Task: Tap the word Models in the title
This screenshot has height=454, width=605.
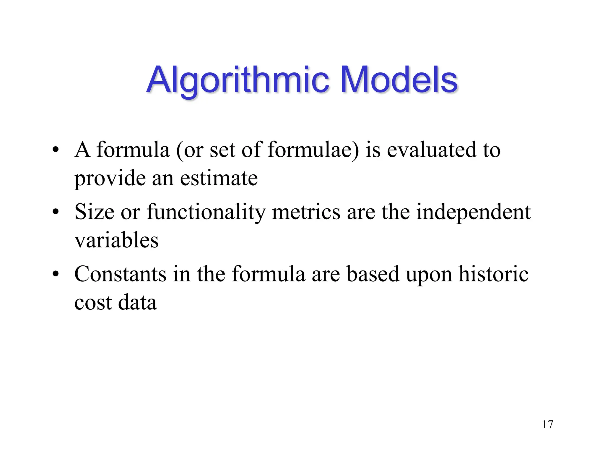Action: pyautogui.click(x=399, y=80)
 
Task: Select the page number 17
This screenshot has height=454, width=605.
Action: pyautogui.click(x=547, y=424)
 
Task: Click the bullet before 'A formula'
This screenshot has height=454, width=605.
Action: pyautogui.click(x=55, y=150)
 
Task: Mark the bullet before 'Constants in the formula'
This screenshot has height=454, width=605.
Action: pyautogui.click(x=55, y=274)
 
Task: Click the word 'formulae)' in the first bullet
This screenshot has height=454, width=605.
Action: pyautogui.click(x=313, y=150)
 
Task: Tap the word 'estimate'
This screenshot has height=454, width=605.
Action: pyautogui.click(x=219, y=178)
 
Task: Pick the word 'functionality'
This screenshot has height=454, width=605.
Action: pyautogui.click(x=206, y=212)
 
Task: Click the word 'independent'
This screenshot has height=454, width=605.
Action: pyautogui.click(x=473, y=212)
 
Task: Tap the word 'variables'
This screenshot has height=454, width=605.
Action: pyautogui.click(x=116, y=240)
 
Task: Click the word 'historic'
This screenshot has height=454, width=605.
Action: pyautogui.click(x=493, y=274)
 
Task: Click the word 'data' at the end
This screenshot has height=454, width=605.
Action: pyautogui.click(x=137, y=302)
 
